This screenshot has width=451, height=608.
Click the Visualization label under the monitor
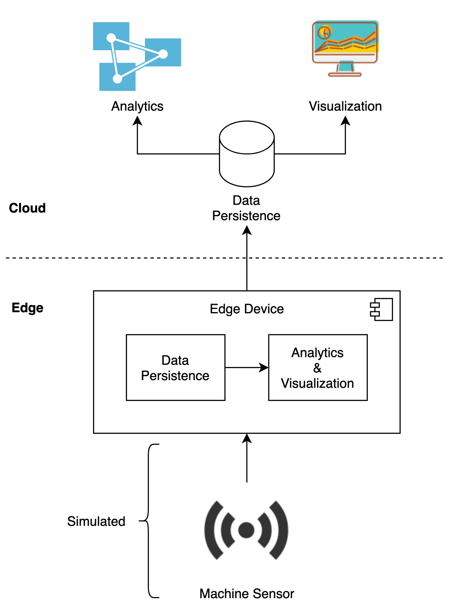pyautogui.click(x=345, y=106)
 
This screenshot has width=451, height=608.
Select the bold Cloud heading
pyautogui.click(x=27, y=208)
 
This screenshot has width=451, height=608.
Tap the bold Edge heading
pyautogui.click(x=27, y=308)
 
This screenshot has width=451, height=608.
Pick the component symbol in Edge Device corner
pyautogui.click(x=381, y=309)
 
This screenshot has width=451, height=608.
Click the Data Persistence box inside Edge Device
pyautogui.click(x=175, y=367)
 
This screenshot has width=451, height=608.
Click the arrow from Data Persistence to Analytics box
pyautogui.click(x=246, y=367)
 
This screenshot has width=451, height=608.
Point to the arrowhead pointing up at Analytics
pyautogui.click(x=137, y=121)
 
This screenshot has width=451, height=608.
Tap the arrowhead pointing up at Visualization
pyautogui.click(x=345, y=121)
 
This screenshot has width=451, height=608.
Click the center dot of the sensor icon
pyautogui.click(x=246, y=530)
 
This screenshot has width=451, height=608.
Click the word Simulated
pyautogui.click(x=96, y=521)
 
